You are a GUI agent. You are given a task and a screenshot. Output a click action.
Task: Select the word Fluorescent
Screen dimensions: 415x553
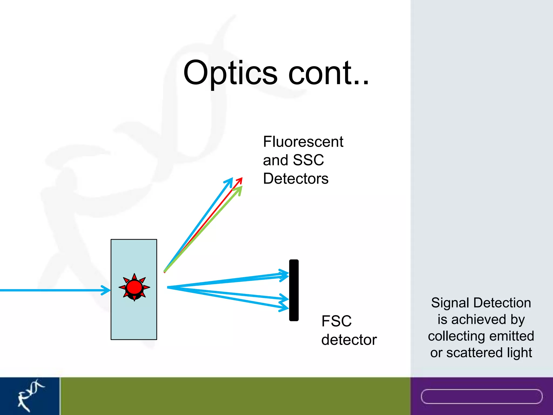coord(303,142)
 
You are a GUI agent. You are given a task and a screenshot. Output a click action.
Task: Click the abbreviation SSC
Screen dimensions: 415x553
coord(308,160)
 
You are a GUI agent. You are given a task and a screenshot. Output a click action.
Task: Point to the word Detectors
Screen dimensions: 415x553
coord(296,179)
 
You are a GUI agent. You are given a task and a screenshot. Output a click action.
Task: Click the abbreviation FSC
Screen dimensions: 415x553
coord(336,321)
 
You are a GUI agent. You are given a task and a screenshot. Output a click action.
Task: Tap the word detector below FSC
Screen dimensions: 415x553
coord(349,340)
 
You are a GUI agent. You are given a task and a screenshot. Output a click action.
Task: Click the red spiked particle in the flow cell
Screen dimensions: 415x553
coord(134,287)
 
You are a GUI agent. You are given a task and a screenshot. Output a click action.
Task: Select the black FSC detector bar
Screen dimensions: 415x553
coord(294,290)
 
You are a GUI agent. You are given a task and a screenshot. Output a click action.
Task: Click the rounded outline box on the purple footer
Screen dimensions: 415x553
coord(481,396)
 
